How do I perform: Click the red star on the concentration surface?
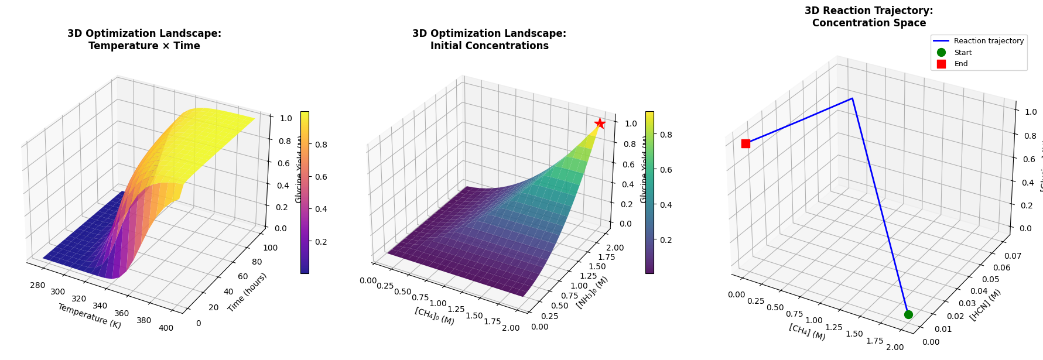tap(600, 123)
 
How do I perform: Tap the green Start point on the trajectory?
tap(908, 314)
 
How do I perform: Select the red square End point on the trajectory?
tap(746, 143)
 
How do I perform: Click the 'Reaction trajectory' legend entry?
tap(989, 41)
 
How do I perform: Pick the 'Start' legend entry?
tap(963, 53)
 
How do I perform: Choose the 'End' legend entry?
tap(961, 64)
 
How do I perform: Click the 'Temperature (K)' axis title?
tap(89, 316)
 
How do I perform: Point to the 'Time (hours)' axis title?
tap(247, 292)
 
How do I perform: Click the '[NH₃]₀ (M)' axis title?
tap(592, 292)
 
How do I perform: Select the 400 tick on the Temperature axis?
tap(166, 328)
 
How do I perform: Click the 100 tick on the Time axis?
tap(270, 248)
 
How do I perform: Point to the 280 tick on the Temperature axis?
tap(37, 285)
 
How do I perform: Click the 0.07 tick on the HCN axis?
tap(1013, 256)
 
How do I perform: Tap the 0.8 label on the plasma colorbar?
tap(322, 145)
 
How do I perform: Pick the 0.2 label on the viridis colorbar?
tap(666, 240)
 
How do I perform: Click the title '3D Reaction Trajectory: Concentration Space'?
tap(868, 17)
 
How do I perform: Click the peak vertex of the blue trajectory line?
tap(852, 98)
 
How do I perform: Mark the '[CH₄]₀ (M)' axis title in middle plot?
tap(435, 316)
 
